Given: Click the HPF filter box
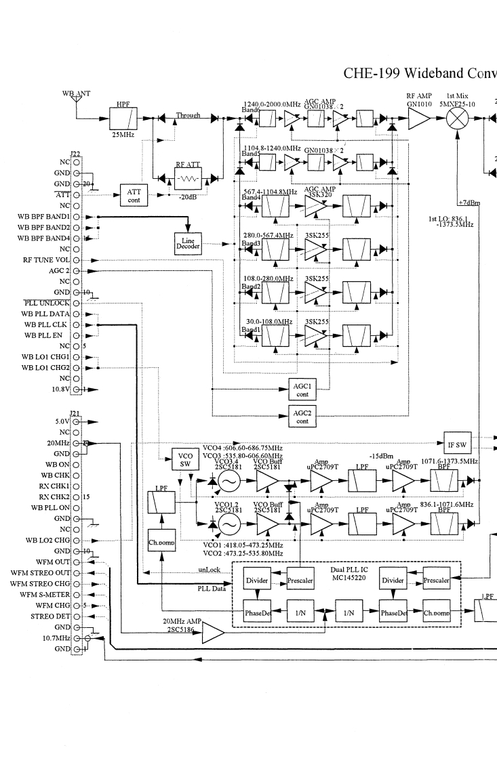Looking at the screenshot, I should pyautogui.click(x=122, y=119).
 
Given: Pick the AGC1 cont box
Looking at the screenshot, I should pyautogui.click(x=302, y=388).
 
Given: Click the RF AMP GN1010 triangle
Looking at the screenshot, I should pyautogui.click(x=418, y=119).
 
